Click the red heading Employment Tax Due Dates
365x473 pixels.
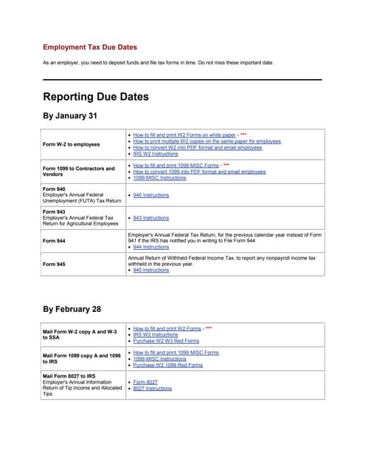89,47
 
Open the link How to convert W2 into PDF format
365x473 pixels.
197,147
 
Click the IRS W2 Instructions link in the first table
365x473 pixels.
156,154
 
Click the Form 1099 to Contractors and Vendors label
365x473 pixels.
79,171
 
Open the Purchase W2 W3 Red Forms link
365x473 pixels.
166,341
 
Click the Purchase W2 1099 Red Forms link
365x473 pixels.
169,364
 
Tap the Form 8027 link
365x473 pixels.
145,382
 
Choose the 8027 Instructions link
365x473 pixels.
152,389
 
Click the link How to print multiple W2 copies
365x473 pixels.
206,141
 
